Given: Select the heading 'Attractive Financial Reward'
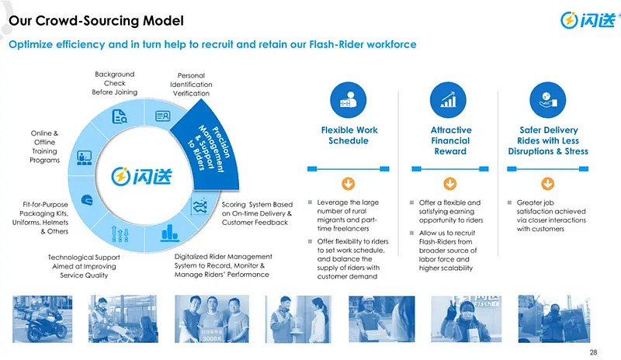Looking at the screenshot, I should pyautogui.click(x=450, y=140).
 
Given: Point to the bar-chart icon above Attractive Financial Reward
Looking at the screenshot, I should pyautogui.click(x=449, y=100).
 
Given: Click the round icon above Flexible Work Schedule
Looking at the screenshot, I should pyautogui.click(x=349, y=100).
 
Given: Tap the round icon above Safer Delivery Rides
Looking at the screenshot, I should pyautogui.click(x=547, y=100).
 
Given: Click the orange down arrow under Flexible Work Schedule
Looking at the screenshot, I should pyautogui.click(x=349, y=184).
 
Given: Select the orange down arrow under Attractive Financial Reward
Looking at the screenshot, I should pyautogui.click(x=449, y=184).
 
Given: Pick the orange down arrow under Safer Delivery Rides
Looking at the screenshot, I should pyautogui.click(x=547, y=184).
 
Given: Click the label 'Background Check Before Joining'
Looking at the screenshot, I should pyautogui.click(x=115, y=83).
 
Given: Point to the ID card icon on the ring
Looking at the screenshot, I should pyautogui.click(x=163, y=116).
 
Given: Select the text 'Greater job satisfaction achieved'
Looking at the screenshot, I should pyautogui.click(x=551, y=207).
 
